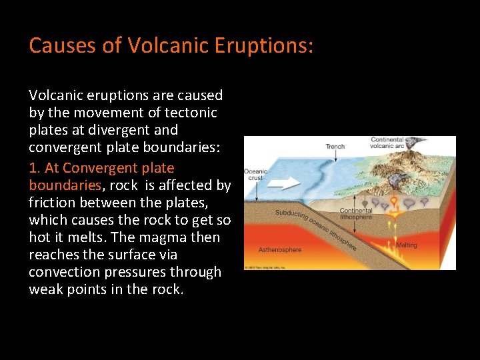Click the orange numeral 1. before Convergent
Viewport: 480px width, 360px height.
(x=36, y=168)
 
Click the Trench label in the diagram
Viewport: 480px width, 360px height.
(x=335, y=146)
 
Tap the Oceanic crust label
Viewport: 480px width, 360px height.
(x=255, y=175)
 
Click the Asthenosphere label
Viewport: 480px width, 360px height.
(x=280, y=250)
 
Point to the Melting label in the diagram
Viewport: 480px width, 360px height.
(x=406, y=245)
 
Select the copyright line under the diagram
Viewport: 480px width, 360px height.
(x=273, y=267)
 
